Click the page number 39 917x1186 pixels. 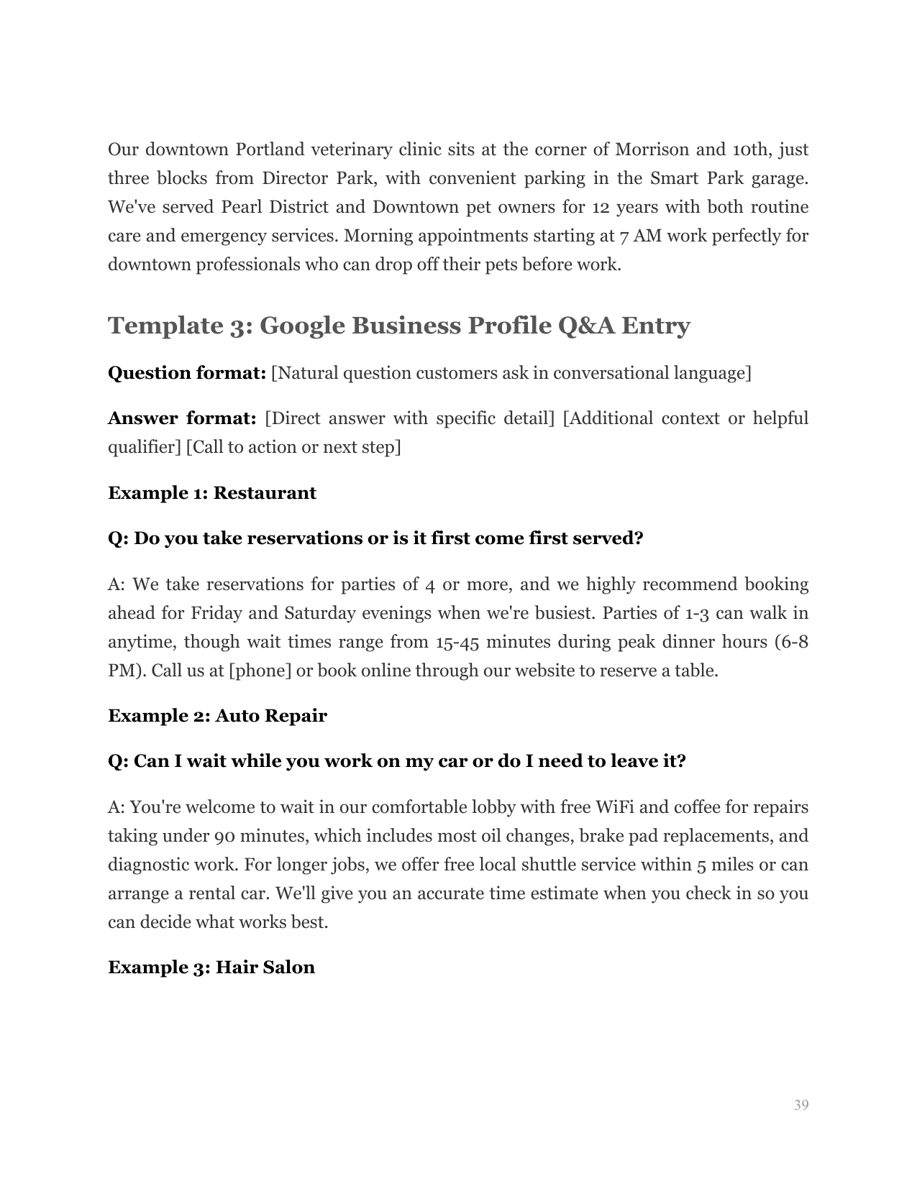(801, 1105)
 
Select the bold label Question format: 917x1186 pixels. (187, 373)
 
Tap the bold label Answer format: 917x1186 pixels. (182, 418)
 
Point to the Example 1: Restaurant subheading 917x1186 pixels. (212, 493)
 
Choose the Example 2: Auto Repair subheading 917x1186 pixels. (217, 716)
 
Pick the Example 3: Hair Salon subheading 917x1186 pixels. (211, 967)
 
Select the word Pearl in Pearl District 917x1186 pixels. (239, 207)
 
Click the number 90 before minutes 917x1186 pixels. (224, 836)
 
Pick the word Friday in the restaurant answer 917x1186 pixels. (216, 613)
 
